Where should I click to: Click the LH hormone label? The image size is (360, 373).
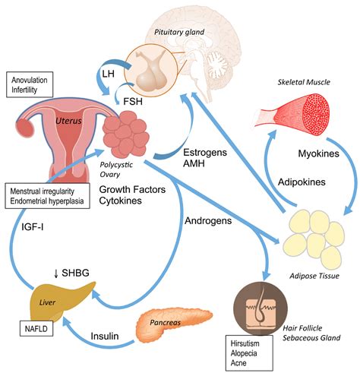point(108,74)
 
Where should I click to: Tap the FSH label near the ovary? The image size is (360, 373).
point(133,101)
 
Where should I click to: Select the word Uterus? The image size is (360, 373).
point(68,121)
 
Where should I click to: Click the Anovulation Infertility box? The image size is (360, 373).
point(30,84)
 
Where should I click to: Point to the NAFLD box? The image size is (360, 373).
point(36,329)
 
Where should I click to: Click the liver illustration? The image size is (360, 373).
point(61,300)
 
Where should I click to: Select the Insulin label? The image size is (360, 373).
point(105,336)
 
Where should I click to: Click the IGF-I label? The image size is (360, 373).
point(33,227)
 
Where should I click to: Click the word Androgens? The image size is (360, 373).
point(208,221)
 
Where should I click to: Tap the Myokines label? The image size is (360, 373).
point(318,153)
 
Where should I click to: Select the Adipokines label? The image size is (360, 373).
point(302,182)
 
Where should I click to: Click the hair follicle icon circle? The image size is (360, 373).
point(261,308)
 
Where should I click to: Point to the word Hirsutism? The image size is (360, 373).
point(245,343)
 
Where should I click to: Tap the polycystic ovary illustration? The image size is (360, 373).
point(126,134)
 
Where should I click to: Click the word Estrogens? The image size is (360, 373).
point(205,153)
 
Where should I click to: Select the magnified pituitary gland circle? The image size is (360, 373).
point(150,70)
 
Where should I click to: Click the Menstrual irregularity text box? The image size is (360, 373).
point(47,196)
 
